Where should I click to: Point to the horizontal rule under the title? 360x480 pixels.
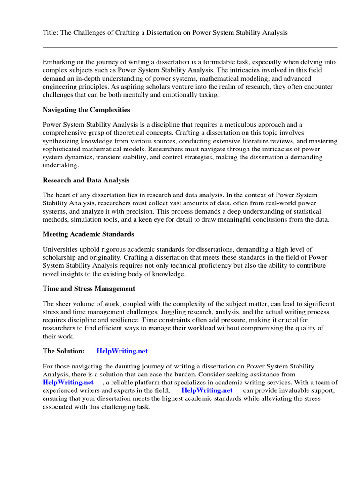(x=190, y=47)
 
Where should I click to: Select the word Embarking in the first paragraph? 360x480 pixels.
(x=59, y=62)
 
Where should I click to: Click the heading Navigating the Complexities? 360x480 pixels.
(x=86, y=110)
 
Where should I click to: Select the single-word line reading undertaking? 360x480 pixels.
(x=61, y=165)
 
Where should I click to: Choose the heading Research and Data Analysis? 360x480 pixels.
(x=86, y=180)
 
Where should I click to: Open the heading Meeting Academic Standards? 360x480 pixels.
(x=88, y=234)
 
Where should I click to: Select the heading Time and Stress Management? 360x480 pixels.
(x=89, y=289)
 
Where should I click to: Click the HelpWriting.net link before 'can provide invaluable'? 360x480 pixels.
(x=207, y=390)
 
